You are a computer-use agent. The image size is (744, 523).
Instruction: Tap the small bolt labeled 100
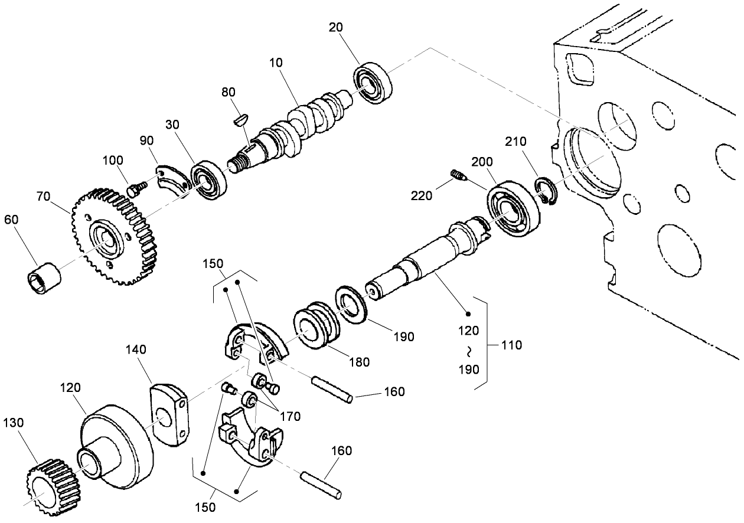click(x=136, y=189)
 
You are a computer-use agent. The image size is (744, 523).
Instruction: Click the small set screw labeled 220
click(x=458, y=175)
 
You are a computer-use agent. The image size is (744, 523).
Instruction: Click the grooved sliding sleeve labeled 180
click(x=316, y=328)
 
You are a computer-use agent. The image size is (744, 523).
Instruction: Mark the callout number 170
click(x=289, y=416)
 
